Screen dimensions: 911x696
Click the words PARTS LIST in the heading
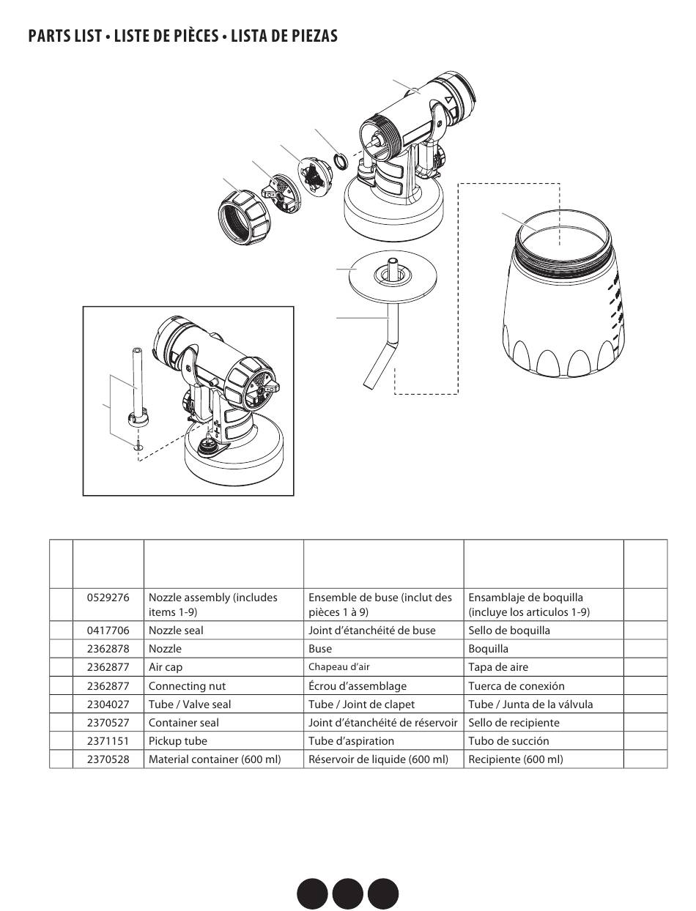click(64, 36)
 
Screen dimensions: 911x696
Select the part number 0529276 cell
click(108, 598)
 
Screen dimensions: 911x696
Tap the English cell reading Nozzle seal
click(176, 631)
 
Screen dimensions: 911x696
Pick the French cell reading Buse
click(320, 649)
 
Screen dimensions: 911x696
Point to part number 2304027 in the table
click(108, 704)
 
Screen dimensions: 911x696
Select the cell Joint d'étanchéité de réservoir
click(382, 723)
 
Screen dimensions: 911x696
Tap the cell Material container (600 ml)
click(215, 759)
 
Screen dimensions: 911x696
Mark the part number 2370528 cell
click(108, 759)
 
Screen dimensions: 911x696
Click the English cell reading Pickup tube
click(177, 741)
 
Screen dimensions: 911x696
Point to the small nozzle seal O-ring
click(341, 160)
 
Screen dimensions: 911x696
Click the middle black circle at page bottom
click(347, 893)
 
